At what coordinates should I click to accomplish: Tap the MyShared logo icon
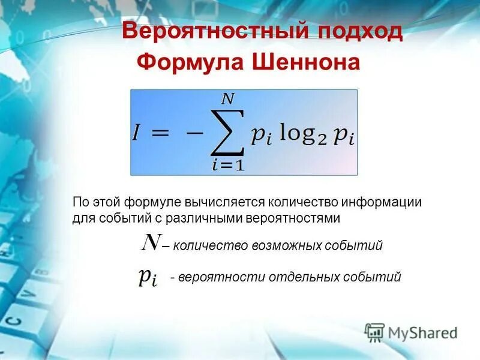coord(375,332)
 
